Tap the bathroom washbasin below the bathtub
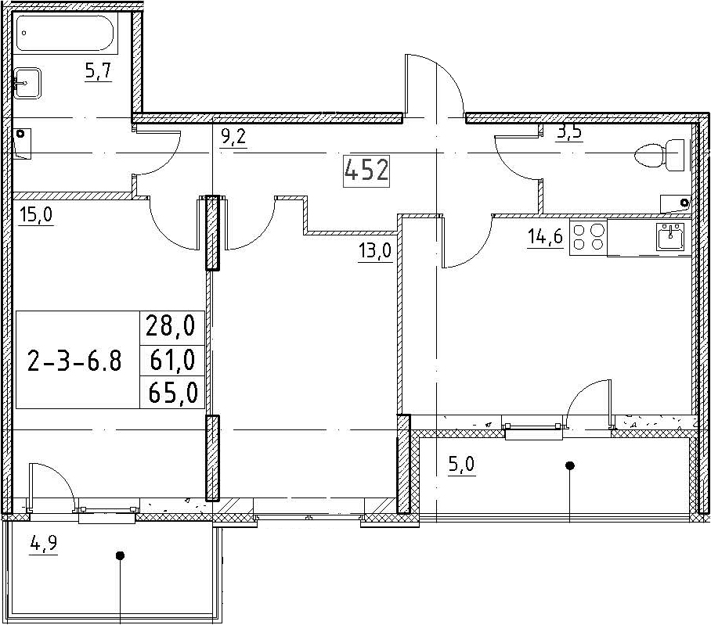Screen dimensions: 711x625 [27, 83]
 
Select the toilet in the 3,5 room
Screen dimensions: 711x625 [660, 155]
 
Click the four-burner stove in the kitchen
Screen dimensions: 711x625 [588, 238]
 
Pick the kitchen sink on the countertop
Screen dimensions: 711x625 [670, 237]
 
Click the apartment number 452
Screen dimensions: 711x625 [366, 171]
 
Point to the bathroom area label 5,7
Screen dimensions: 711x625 [98, 71]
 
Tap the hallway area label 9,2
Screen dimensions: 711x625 [233, 135]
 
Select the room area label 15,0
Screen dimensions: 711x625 [35, 214]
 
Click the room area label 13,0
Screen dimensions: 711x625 [375, 251]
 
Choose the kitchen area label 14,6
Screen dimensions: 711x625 [545, 236]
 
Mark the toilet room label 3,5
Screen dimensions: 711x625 [569, 135]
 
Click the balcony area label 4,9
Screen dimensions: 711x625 [44, 543]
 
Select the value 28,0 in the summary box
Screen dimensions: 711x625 [170, 326]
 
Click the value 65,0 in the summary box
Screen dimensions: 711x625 [173, 393]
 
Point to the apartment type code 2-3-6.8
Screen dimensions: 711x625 [74, 361]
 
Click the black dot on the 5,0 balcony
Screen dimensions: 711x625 [570, 465]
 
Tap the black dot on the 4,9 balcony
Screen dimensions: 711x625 [120, 555]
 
